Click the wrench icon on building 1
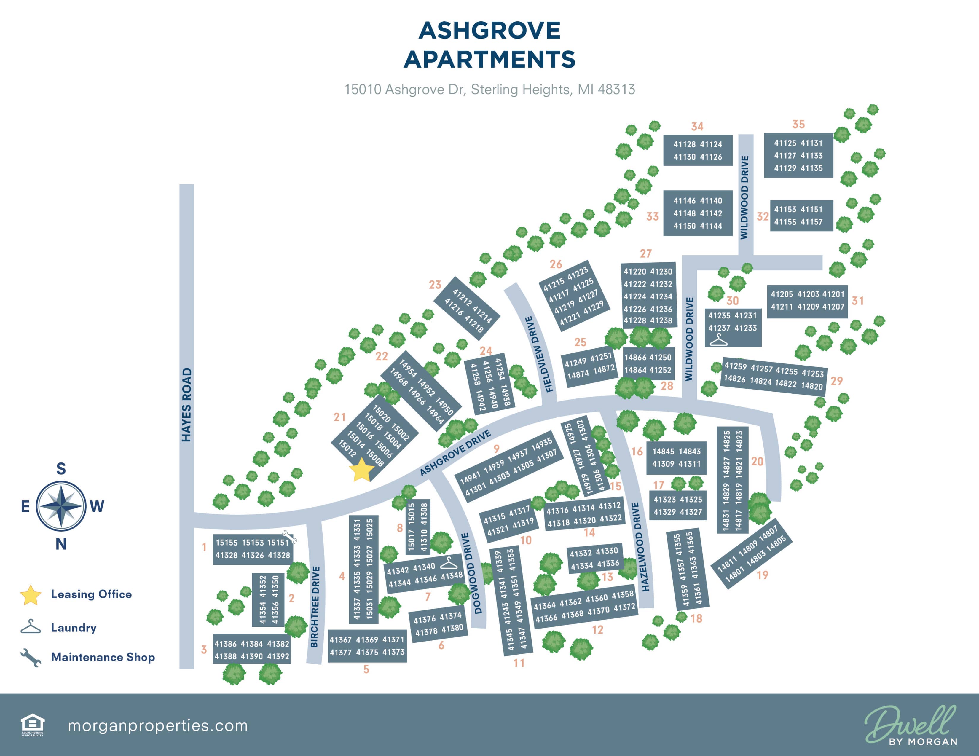coord(289,536)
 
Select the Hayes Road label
coord(186,405)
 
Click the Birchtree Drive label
coord(315,607)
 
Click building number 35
coord(798,124)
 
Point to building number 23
coord(435,285)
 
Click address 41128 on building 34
coord(685,144)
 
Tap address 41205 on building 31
coord(782,294)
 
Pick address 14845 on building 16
coord(664,451)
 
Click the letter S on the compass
coord(61,469)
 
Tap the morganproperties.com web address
coord(157,725)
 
